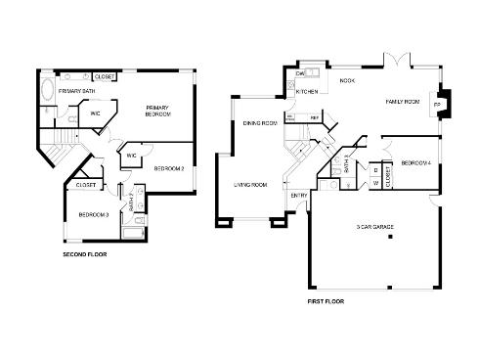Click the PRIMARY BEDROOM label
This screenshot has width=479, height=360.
point(158,111)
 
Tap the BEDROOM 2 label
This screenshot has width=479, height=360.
point(169,169)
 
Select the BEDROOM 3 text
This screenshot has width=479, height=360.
point(93,214)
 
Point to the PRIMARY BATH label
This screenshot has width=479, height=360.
point(76,91)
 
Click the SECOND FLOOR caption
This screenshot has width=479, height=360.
point(84,255)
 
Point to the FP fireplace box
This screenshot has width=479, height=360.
point(437,104)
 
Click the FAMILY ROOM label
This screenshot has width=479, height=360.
point(403,101)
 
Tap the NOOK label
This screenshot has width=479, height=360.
point(347,81)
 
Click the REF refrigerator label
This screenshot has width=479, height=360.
point(315,118)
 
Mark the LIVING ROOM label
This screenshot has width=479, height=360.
point(251,185)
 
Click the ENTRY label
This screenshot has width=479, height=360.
point(298,196)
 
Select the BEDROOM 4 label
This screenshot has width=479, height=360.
point(415,163)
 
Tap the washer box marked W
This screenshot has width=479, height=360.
point(375,182)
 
